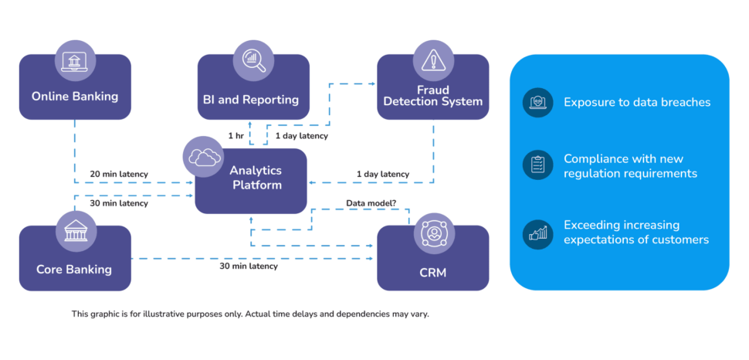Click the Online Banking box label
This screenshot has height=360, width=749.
coord(75,97)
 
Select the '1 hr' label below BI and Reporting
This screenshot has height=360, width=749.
coord(236,136)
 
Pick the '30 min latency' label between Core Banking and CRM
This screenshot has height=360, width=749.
coord(249,267)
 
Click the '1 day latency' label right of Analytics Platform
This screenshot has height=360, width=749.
coord(382,174)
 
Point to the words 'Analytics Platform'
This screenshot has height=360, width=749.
coord(255,177)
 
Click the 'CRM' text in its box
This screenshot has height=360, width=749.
coord(432,272)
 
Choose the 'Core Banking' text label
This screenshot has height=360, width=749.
coord(74,270)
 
